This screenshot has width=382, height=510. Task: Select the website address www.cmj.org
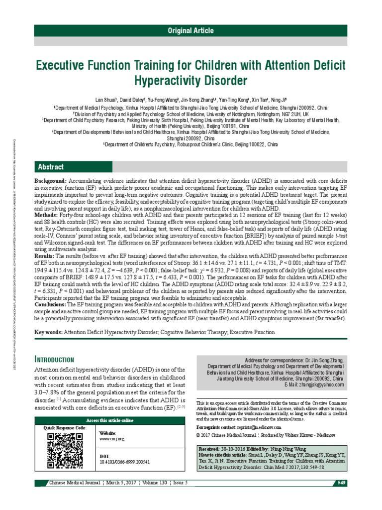click(112, 439)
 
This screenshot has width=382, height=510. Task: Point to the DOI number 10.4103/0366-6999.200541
click(125, 462)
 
